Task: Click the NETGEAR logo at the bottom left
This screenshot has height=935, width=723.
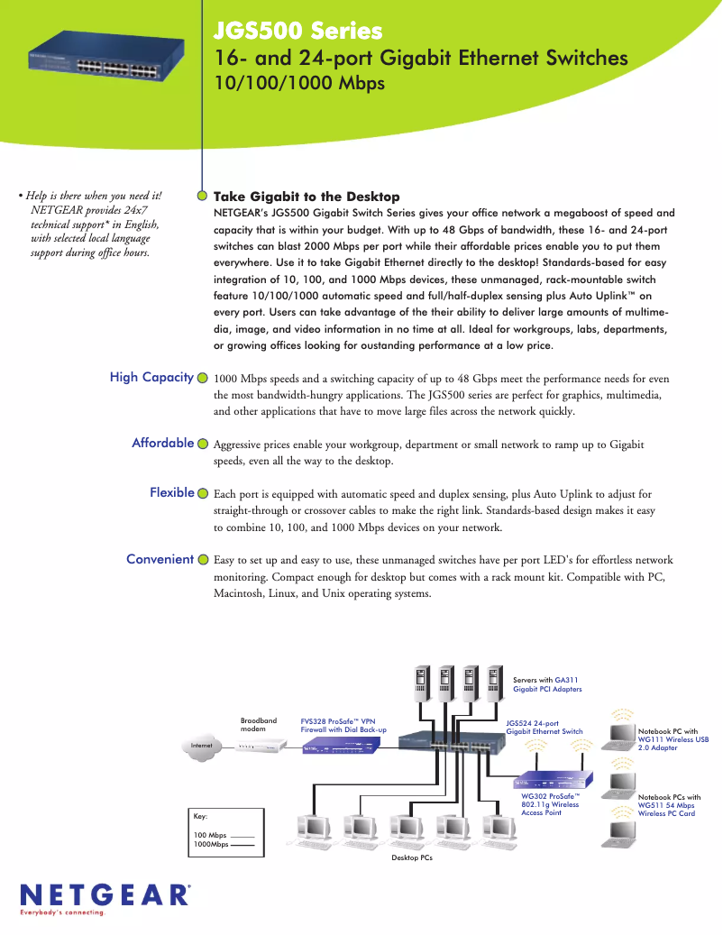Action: click(104, 895)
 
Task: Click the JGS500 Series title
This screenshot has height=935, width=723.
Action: click(297, 32)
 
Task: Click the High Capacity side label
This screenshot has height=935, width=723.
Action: click(151, 377)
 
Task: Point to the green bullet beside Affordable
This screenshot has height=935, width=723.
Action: click(203, 444)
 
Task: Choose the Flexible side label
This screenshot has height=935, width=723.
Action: click(172, 492)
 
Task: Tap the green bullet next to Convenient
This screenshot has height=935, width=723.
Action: click(203, 560)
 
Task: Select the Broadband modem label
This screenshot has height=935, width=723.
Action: click(259, 724)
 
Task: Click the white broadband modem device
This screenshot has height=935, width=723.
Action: click(258, 747)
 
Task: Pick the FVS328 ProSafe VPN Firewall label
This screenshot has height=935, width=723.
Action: click(343, 725)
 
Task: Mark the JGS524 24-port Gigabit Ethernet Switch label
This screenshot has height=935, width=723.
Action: click(545, 727)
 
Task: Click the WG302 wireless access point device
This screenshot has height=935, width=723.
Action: click(553, 780)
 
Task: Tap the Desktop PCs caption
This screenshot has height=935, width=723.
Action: click(412, 857)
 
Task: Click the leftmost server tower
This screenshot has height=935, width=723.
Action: click(420, 684)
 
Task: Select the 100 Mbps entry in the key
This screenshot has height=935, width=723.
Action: click(210, 835)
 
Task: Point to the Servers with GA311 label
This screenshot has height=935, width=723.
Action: click(547, 684)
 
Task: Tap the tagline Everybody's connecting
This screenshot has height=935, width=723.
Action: click(63, 912)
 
